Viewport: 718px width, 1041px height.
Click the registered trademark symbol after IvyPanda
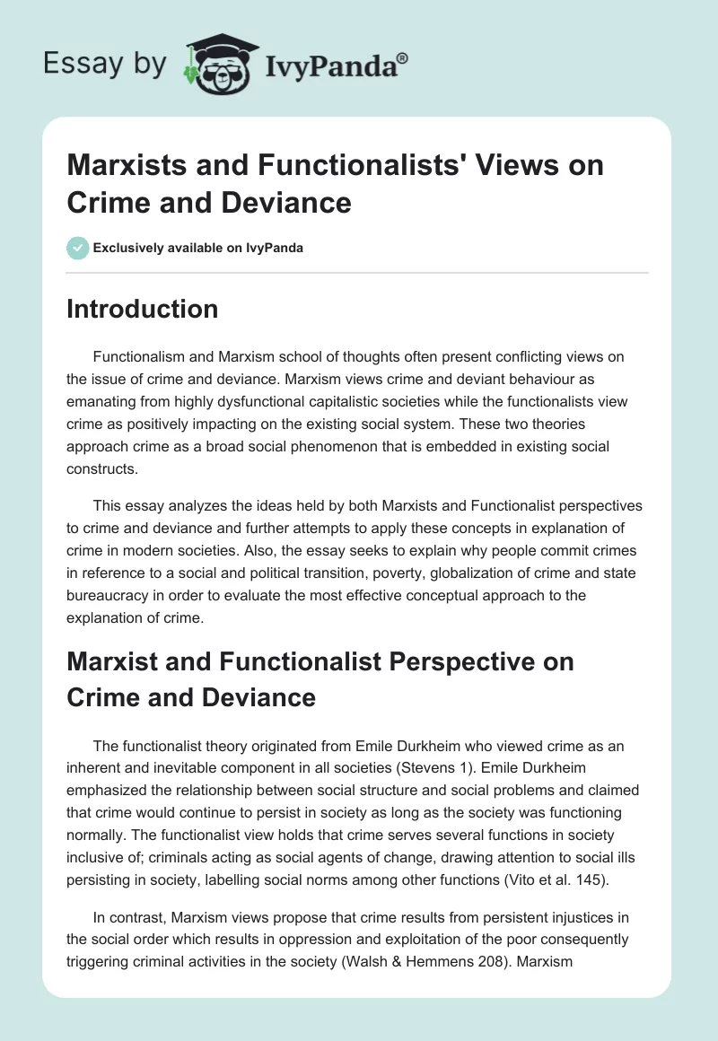[x=403, y=58]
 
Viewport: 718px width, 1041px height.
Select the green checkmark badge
[x=79, y=248]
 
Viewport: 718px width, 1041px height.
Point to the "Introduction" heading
[x=143, y=310]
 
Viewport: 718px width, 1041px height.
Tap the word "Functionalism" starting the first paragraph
[x=142, y=356]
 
